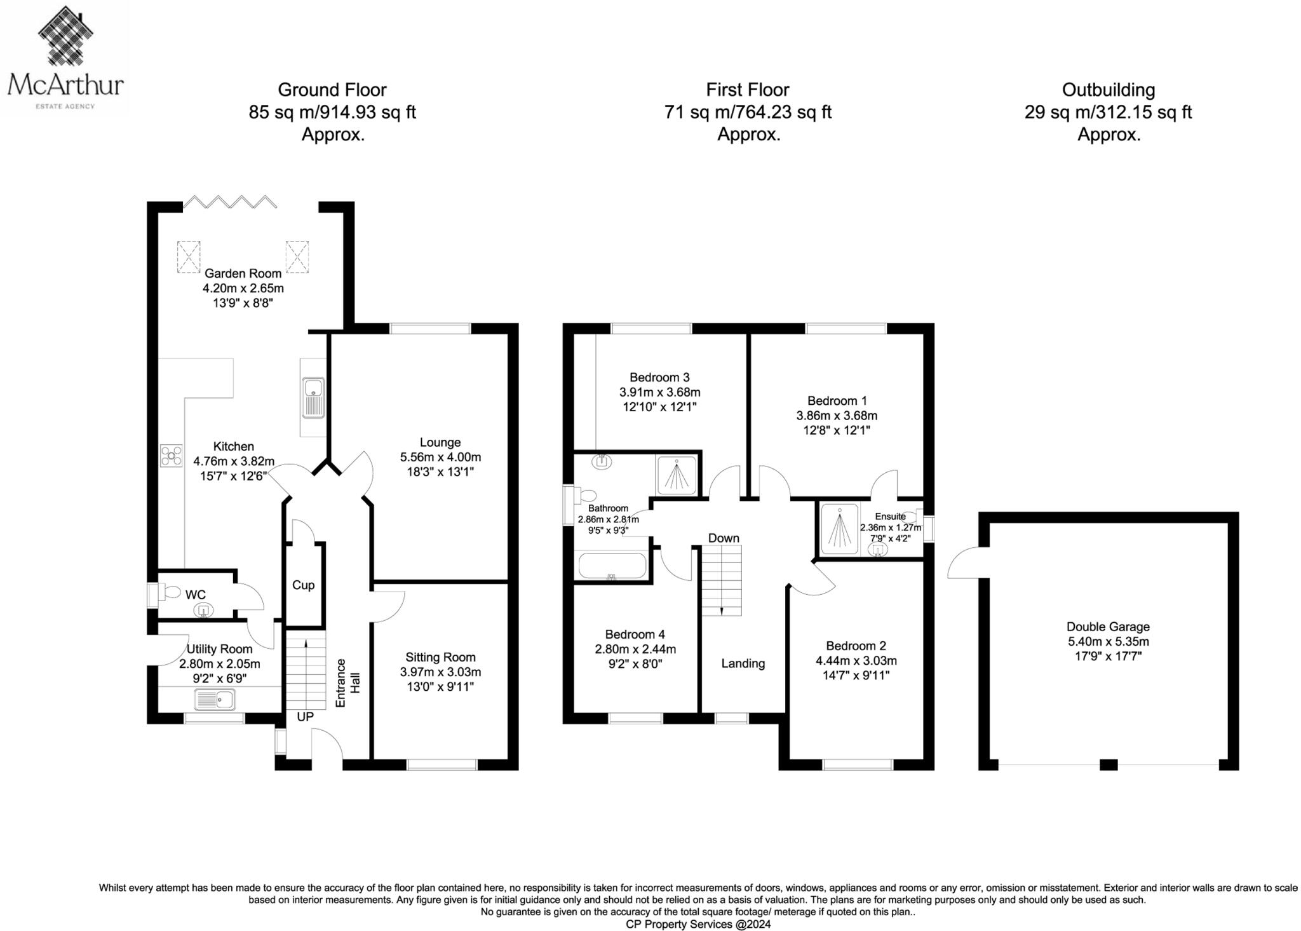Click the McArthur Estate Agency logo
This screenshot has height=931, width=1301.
pos(65,58)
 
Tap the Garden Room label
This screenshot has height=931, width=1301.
pos(243,273)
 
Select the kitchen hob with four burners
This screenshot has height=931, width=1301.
pos(172,456)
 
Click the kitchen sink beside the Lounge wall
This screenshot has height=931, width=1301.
pos(313,398)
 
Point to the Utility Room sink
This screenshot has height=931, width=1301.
pos(215,700)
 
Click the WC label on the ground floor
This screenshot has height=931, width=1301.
pos(196,595)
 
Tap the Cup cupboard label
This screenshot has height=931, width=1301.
pos(303,585)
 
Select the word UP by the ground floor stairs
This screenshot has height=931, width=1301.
pos(306,717)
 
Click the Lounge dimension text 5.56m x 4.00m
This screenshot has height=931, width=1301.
pos(440,457)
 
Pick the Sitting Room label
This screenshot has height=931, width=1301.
pos(440,657)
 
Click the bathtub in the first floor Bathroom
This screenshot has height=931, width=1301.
pos(611,566)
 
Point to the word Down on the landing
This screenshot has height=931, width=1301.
pos(724,538)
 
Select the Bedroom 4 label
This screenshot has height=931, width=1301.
pos(635,634)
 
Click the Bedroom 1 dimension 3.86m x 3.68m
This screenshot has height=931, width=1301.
pos(837,416)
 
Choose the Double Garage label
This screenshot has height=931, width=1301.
pos(1108,627)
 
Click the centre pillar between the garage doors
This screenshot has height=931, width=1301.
pos(1109,765)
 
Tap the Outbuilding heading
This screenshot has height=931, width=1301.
pos(1109,90)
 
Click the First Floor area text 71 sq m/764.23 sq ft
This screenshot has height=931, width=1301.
pos(748,112)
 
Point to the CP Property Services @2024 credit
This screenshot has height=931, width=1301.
pos(698,924)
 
